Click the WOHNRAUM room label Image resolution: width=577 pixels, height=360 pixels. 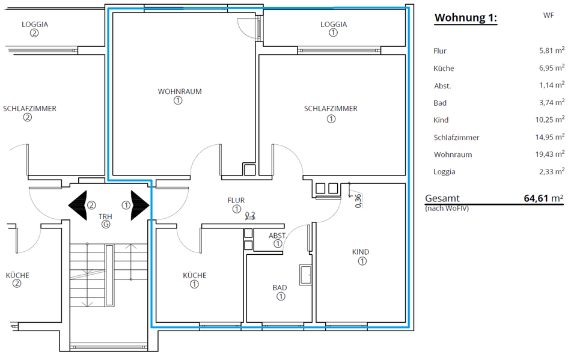179,92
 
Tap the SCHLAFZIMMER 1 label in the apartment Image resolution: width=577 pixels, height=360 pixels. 331,109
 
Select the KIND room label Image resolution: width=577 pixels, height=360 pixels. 361,252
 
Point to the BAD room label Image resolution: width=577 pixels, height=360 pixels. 279,288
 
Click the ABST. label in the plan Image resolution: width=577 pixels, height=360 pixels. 277,236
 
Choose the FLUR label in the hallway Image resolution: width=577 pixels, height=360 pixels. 236,200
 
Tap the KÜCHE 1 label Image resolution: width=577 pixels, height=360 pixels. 194,275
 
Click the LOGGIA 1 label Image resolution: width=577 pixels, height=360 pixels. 334,25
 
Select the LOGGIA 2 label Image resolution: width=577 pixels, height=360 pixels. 34,25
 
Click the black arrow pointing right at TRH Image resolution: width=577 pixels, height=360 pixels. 139,204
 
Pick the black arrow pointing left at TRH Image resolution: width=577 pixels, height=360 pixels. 78,204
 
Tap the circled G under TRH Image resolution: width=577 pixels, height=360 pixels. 106,224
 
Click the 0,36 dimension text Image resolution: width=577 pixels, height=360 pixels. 358,200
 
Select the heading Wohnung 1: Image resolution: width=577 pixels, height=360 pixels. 466,18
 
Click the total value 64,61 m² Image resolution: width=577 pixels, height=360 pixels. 543,198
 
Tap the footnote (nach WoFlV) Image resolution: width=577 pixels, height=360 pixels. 447,209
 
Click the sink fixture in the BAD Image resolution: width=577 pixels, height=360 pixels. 306,274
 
